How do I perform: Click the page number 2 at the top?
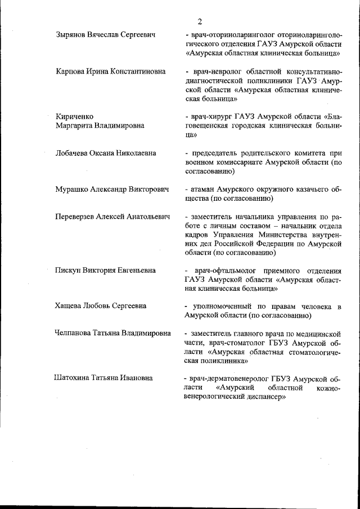pyautogui.click(x=200, y=21)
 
